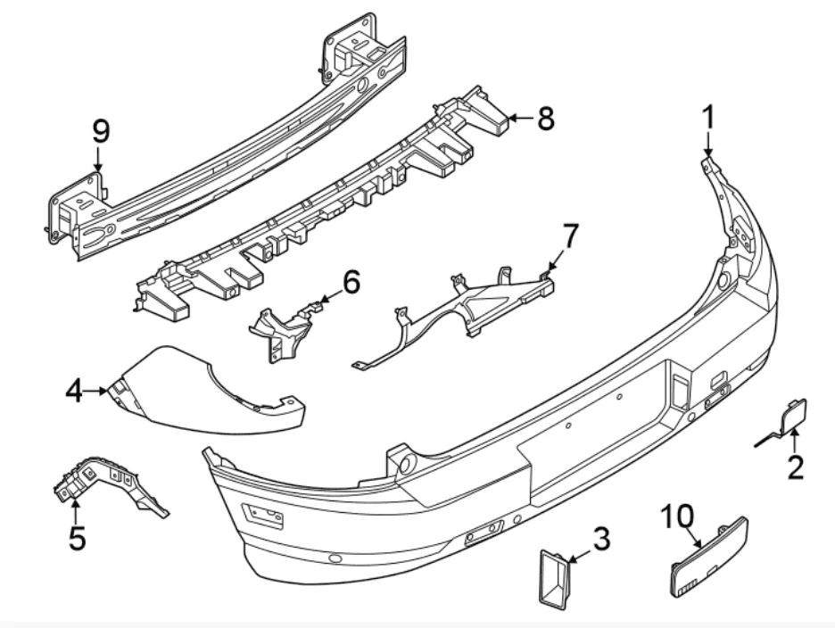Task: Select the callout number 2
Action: click(x=794, y=465)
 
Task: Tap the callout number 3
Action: click(x=601, y=539)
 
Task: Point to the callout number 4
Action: click(x=74, y=390)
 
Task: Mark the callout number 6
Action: click(x=351, y=283)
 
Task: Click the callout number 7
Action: click(x=568, y=237)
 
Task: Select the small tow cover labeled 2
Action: click(x=790, y=417)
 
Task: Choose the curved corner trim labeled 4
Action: click(x=196, y=392)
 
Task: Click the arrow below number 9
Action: click(x=98, y=161)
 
